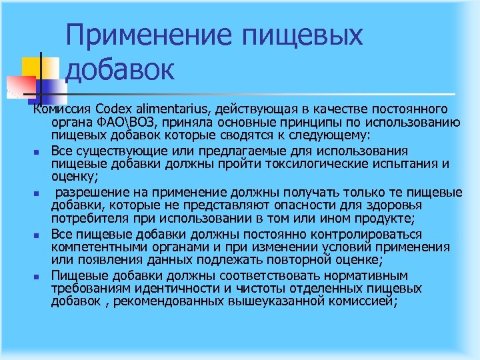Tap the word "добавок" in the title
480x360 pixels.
click(x=121, y=69)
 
